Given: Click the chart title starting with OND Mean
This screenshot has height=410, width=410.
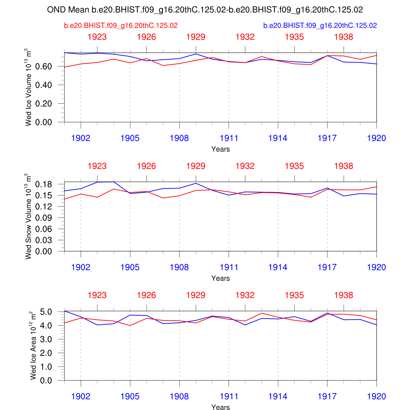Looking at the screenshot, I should click(x=205, y=10).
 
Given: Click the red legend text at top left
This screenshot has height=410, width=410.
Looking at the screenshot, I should click(x=121, y=26).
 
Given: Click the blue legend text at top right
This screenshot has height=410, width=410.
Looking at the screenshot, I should click(x=320, y=26).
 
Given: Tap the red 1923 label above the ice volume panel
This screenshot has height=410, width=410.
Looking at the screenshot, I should click(x=97, y=37).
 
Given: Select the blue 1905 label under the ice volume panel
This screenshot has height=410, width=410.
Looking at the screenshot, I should click(x=130, y=138).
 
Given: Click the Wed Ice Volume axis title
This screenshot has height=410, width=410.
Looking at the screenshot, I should click(x=28, y=87).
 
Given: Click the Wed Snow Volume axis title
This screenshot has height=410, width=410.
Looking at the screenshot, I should click(x=28, y=216).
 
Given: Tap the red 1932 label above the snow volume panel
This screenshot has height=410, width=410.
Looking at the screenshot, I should click(x=245, y=166).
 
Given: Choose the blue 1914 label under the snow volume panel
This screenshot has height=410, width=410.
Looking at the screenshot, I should click(x=278, y=267).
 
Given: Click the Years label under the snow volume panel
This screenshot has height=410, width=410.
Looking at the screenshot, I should click(x=221, y=278).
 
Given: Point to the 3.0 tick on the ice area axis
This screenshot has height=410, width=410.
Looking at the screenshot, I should click(x=46, y=339).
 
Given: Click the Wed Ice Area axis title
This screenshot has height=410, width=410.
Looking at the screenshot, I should click(x=33, y=345).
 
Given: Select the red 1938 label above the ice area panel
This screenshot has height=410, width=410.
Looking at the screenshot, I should click(x=344, y=295).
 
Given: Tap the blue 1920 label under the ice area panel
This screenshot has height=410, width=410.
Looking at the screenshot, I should click(x=376, y=397).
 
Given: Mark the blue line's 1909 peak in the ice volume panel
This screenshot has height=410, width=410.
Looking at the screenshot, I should click(x=196, y=54).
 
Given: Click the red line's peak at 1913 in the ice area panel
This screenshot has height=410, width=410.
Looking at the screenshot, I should click(x=262, y=313).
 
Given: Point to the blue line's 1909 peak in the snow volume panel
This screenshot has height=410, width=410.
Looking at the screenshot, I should click(x=196, y=183).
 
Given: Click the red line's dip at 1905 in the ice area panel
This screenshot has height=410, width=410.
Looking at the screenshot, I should click(x=130, y=326).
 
